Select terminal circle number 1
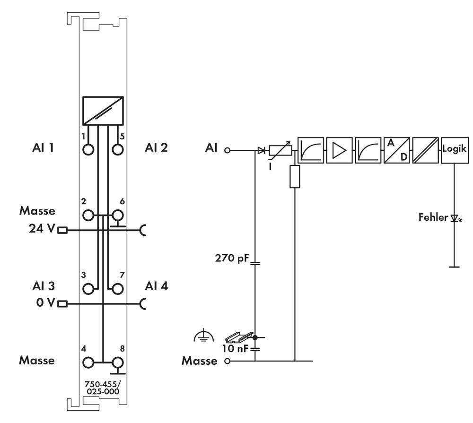pyautogui.click(x=88, y=150)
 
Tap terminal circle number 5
pyautogui.click(x=117, y=150)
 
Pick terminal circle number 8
pyautogui.click(x=117, y=363)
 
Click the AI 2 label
pyautogui.click(x=156, y=147)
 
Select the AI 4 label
pyautogui.click(x=156, y=286)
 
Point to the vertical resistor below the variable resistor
pyautogui.click(x=295, y=176)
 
